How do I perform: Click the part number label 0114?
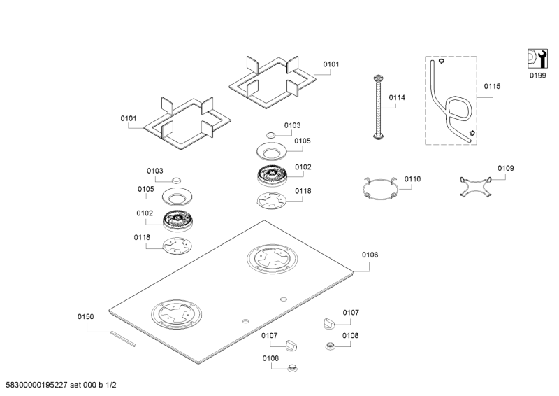tap(396, 98)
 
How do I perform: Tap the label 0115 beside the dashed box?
tap(492, 86)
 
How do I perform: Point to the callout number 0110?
tap(412, 179)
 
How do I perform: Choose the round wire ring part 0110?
tap(379, 189)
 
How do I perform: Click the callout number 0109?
tap(505, 168)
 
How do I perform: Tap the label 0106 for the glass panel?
tap(370, 255)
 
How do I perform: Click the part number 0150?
tap(85, 317)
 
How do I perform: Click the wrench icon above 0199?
tap(536, 59)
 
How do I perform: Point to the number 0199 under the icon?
tap(537, 76)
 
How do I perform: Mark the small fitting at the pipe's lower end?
tap(472, 132)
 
